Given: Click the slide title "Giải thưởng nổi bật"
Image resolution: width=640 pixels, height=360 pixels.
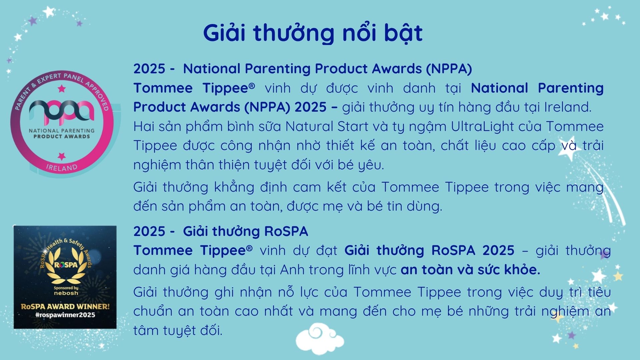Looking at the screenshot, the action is point(313,33).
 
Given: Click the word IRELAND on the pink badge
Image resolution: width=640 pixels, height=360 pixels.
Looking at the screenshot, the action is point(62,167).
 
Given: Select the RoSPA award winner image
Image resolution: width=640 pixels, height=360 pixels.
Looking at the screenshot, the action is point(65,277).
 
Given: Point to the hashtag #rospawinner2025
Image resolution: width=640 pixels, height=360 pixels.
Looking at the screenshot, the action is point(65,315).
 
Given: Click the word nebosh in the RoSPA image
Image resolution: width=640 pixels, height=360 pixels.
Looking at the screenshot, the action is point(66,293).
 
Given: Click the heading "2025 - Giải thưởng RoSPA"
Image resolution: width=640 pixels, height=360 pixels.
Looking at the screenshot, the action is point(221,231).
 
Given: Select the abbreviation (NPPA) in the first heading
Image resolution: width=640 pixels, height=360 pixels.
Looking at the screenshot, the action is point(449,69).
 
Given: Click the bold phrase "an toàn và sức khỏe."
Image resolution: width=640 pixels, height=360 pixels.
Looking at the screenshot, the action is point(470,270).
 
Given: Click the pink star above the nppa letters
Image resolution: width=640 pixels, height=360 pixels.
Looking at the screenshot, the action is point(62,89).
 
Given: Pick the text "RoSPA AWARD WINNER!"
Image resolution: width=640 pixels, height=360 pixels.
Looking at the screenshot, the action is point(65,307).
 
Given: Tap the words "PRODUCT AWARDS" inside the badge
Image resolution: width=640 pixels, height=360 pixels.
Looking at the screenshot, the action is point(62,136).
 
